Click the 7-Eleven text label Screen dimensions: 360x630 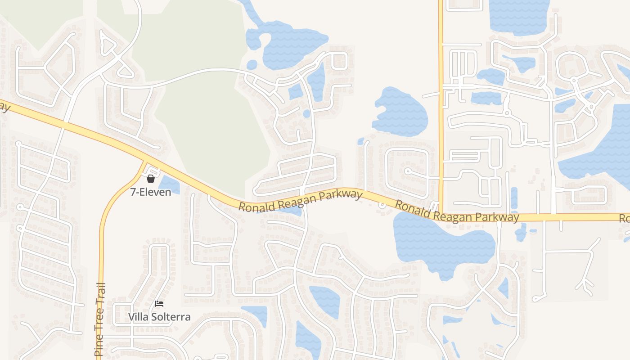[x=151, y=192]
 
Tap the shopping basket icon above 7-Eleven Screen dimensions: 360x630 [x=151, y=179]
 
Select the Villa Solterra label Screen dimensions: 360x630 [x=159, y=317]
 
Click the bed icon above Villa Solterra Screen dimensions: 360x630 [x=159, y=304]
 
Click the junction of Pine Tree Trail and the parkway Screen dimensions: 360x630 [x=145, y=162]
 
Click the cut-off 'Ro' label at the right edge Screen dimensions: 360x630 [x=624, y=219]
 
